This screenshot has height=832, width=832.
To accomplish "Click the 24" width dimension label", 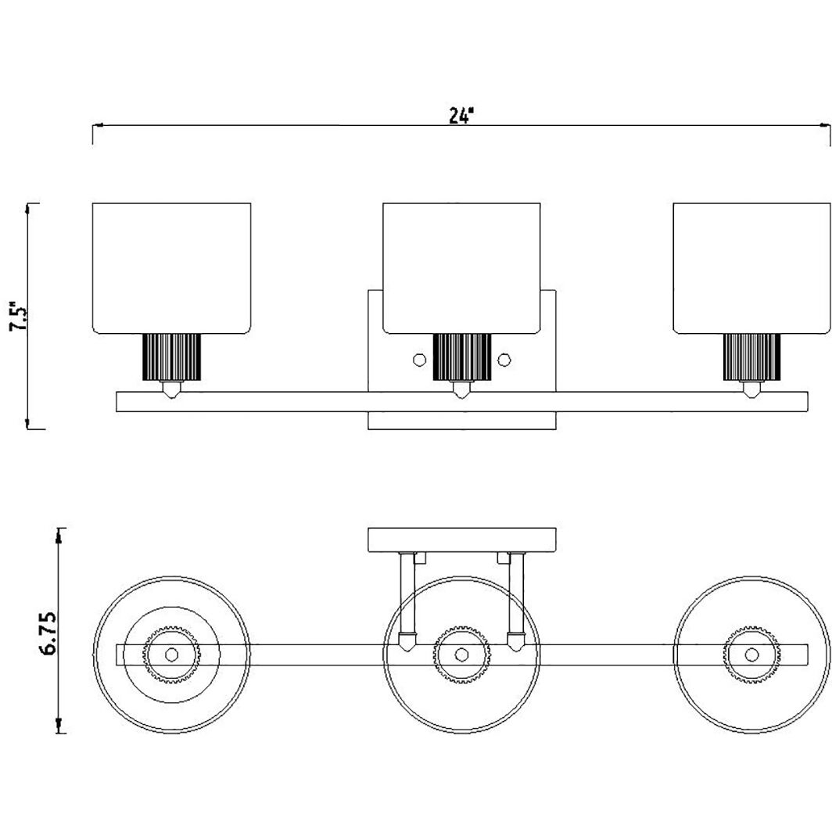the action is pyautogui.click(x=460, y=115).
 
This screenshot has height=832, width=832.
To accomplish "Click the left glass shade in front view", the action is pyautogui.click(x=171, y=268).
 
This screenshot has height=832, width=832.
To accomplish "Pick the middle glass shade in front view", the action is pyautogui.click(x=461, y=268).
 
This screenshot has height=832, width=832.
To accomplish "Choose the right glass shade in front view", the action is pyautogui.click(x=752, y=268).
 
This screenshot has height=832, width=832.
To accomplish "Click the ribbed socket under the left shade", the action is pyautogui.click(x=171, y=357).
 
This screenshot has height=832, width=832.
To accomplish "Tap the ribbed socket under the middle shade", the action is pyautogui.click(x=461, y=357).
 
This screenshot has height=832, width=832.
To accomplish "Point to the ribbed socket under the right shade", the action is pyautogui.click(x=752, y=357).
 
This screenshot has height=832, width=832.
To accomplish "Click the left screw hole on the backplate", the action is pyautogui.click(x=420, y=360).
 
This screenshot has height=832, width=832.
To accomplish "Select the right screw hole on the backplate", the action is pyautogui.click(x=504, y=360).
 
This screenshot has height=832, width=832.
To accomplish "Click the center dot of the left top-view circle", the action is pyautogui.click(x=171, y=654).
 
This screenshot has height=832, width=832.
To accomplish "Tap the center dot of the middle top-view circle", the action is pyautogui.click(x=461, y=654).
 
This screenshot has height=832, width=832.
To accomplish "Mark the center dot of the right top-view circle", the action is pyautogui.click(x=752, y=654).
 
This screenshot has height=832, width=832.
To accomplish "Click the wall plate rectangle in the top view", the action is pyautogui.click(x=461, y=540).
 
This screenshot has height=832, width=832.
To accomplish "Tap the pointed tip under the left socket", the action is pyautogui.click(x=171, y=390).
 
